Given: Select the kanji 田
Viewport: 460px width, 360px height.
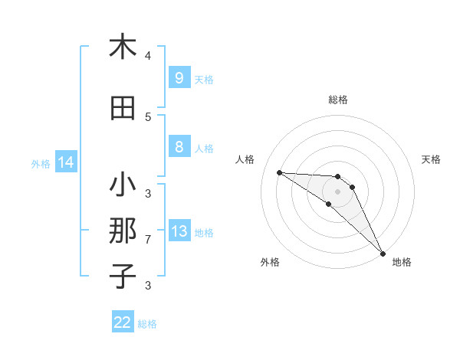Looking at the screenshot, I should [123, 110].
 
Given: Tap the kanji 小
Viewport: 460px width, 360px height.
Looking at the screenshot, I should [123, 186].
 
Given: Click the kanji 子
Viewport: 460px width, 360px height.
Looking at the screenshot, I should [123, 276].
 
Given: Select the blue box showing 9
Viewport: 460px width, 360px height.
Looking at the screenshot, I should [179, 77].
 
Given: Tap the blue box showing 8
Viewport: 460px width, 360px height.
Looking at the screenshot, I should [179, 147].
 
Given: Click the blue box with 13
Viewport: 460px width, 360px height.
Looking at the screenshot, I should [179, 231].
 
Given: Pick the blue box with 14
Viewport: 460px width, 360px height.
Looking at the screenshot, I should [65, 162].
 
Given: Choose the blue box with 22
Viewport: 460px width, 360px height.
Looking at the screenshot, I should [123, 322].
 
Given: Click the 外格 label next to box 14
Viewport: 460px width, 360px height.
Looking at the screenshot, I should [41, 163].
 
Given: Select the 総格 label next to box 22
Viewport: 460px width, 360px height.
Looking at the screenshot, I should [147, 324].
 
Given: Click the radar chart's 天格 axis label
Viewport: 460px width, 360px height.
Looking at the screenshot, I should [431, 159].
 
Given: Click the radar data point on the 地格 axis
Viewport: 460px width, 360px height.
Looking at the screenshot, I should [383, 253].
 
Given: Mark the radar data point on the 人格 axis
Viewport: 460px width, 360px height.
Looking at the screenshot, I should [279, 172].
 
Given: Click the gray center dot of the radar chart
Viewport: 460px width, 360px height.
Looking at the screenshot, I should [337, 191].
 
